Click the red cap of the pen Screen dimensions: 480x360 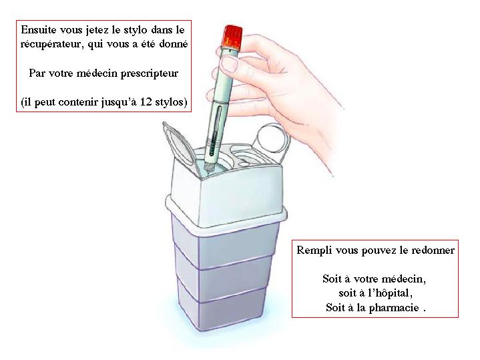click(232, 37)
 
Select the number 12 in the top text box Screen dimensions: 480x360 click(146, 102)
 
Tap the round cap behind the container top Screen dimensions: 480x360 click(272, 140)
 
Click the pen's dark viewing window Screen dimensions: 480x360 click(215, 130)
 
